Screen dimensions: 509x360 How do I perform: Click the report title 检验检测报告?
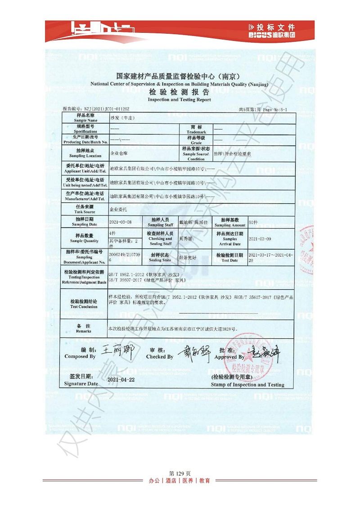pos(179,92)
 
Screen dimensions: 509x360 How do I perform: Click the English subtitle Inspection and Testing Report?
pos(179,99)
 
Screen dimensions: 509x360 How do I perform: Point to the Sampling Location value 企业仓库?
pos(119,153)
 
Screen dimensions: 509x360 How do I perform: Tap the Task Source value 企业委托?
pos(119,209)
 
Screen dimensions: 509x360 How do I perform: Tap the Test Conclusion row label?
pos(83,304)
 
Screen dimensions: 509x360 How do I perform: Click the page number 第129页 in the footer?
pos(180,473)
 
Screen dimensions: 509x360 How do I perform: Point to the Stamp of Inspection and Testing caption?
pos(247,385)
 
